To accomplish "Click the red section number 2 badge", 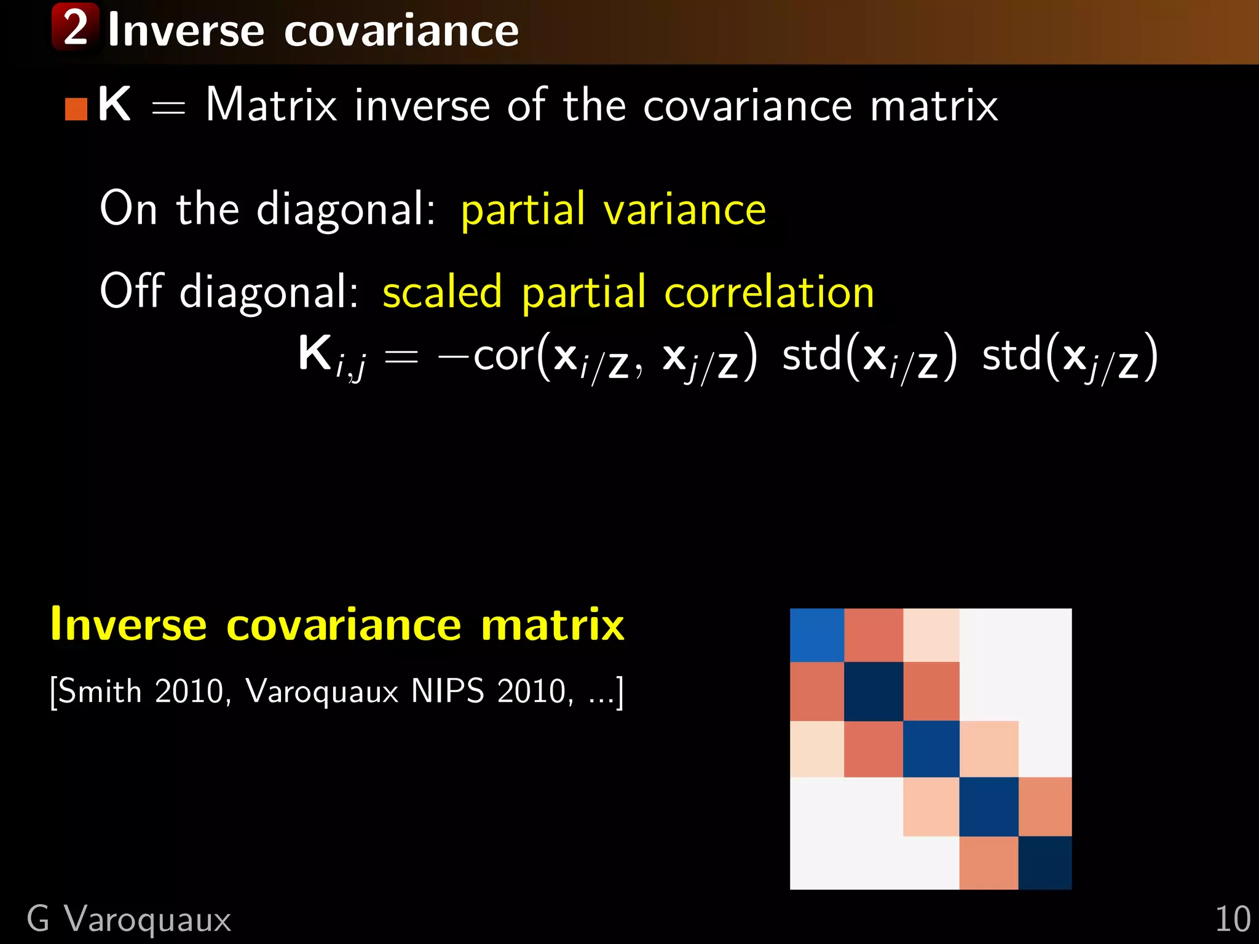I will (x=76, y=27).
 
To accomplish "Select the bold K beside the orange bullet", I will (x=114, y=104).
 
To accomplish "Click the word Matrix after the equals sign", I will (x=271, y=105).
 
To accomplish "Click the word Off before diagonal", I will (x=131, y=291).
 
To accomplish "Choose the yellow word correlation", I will (x=769, y=293).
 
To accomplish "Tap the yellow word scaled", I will (x=442, y=293).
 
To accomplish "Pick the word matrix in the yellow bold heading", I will (x=553, y=625).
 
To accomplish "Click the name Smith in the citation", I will (x=101, y=691).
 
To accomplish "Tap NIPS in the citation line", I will (x=447, y=691).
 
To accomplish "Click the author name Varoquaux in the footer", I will (x=148, y=920).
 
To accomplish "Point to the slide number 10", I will (x=1233, y=920).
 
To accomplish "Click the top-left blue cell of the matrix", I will (x=816, y=635).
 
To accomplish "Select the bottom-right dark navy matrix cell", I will (x=1045, y=863).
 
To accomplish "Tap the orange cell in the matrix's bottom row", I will (x=989, y=863).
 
